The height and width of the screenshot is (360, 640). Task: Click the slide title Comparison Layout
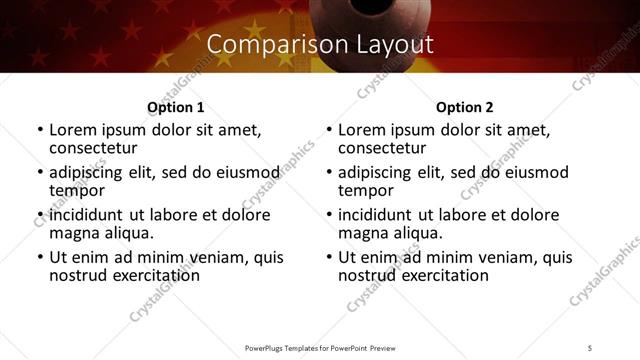(x=320, y=45)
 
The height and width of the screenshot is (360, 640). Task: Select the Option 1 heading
(x=176, y=107)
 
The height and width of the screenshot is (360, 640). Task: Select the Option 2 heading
(x=465, y=107)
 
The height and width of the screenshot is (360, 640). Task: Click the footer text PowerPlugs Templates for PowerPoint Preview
(x=320, y=347)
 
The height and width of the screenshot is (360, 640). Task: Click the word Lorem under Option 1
(x=74, y=130)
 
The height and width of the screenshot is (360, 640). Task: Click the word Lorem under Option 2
(x=363, y=130)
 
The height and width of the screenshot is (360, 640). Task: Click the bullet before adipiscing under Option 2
(x=328, y=173)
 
